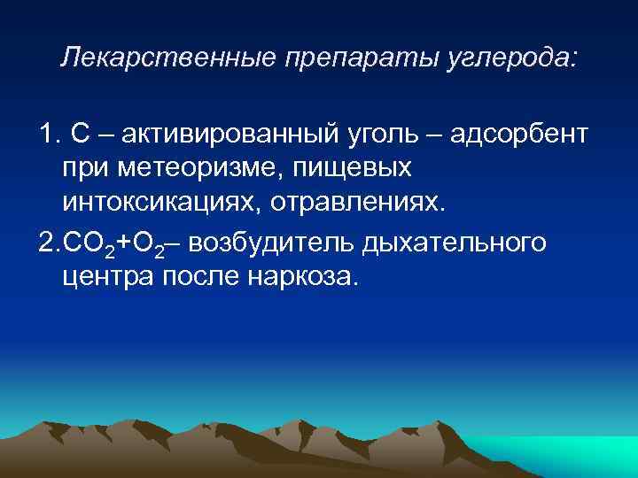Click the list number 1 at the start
(x=46, y=135)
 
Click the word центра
(x=107, y=277)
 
